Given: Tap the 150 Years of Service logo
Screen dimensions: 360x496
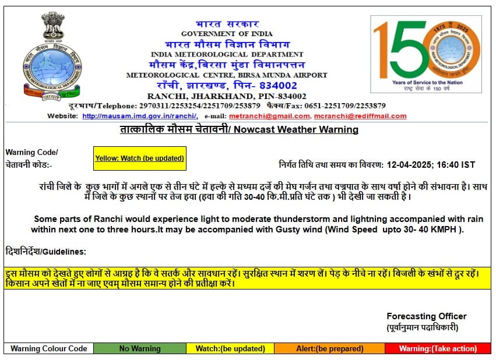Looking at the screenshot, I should click(x=426, y=54).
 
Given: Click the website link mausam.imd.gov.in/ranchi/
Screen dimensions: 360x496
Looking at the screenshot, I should click(x=139, y=116).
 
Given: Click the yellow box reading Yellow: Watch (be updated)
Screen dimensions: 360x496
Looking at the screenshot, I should click(x=139, y=158).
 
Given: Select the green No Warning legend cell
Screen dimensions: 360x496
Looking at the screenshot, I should click(x=139, y=349).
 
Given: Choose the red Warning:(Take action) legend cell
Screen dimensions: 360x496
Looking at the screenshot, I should click(x=438, y=349).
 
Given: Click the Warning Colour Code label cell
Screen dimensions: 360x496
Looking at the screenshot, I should click(x=49, y=349).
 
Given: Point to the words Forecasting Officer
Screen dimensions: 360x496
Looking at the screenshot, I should click(x=426, y=316).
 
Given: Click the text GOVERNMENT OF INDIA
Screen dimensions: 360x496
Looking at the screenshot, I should click(x=227, y=34).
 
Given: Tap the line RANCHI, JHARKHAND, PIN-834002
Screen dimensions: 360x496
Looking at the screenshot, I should click(x=227, y=96).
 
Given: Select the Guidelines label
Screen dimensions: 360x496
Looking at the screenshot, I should click(x=45, y=252).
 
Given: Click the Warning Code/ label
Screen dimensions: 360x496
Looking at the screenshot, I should click(x=31, y=153).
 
